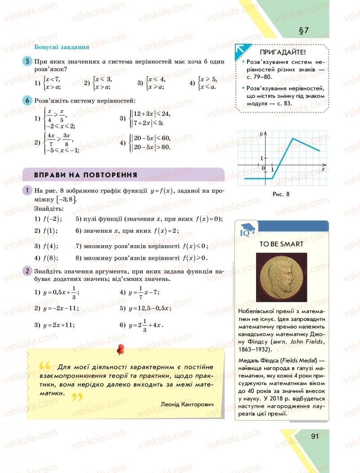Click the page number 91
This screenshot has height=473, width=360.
(x=315, y=436)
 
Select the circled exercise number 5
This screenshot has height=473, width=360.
(x=27, y=62)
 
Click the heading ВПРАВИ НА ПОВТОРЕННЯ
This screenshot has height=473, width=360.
(x=85, y=175)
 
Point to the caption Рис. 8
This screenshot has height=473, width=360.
(x=281, y=194)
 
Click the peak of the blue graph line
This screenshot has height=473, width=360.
(x=293, y=138)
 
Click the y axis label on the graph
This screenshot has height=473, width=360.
(x=261, y=134)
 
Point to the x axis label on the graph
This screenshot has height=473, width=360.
(x=323, y=168)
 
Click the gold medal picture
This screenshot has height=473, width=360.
(x=281, y=277)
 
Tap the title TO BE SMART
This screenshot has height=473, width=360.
(x=281, y=244)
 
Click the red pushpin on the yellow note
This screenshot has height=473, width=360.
(x=120, y=349)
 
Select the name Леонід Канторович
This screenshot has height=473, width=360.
(x=186, y=404)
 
